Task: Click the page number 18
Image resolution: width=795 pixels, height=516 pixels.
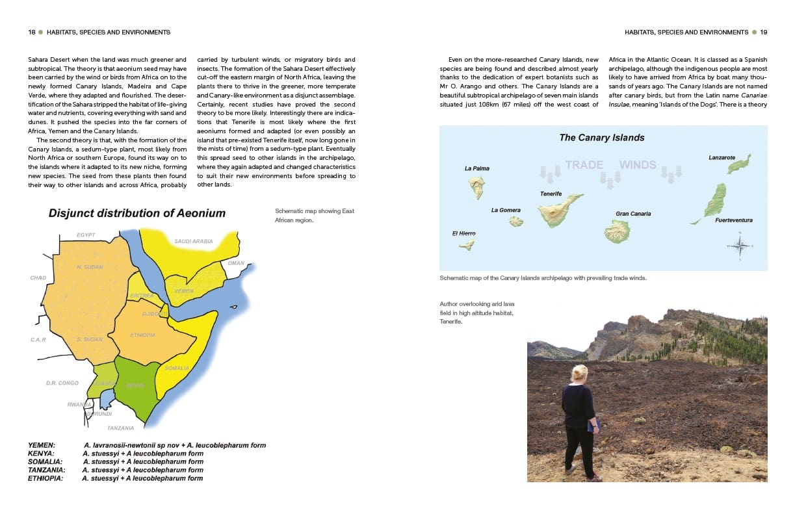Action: tap(31, 32)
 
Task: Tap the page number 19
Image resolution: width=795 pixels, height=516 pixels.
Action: tap(764, 32)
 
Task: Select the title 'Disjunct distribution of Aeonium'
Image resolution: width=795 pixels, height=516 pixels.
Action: tap(137, 213)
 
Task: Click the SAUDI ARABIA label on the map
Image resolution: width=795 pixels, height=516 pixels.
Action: tap(193, 241)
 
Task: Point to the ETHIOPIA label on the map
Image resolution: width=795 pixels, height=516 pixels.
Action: tap(143, 335)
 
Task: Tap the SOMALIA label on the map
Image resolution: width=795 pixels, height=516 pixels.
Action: tap(177, 368)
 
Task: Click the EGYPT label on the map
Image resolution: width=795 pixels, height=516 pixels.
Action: tap(86, 235)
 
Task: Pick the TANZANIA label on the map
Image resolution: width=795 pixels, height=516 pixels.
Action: tap(121, 428)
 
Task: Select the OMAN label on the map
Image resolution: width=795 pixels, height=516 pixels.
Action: tap(236, 263)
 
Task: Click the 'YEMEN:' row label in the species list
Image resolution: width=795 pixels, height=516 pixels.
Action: tap(41, 445)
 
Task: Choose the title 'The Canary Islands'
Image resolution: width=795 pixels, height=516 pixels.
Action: tap(602, 138)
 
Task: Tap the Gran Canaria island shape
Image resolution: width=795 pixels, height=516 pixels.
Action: tap(616, 231)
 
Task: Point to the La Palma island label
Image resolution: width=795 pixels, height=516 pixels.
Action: tap(476, 168)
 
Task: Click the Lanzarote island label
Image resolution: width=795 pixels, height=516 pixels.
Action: tap(722, 157)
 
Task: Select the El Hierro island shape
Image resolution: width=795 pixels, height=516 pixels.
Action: tap(466, 245)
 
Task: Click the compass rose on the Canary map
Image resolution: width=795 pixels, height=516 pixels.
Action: tap(740, 246)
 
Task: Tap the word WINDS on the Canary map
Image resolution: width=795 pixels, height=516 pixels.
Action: tap(637, 164)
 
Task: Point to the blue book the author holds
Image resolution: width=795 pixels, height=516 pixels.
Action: tap(591, 426)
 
